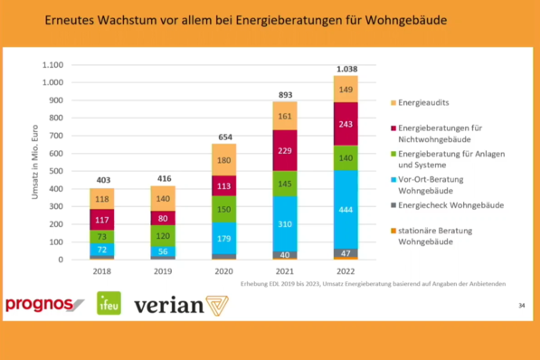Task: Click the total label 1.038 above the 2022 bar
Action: tap(346, 69)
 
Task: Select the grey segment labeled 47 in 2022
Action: tap(346, 254)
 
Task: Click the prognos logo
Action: tap(44, 304)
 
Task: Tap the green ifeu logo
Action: tap(109, 304)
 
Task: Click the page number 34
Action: tap(521, 307)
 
